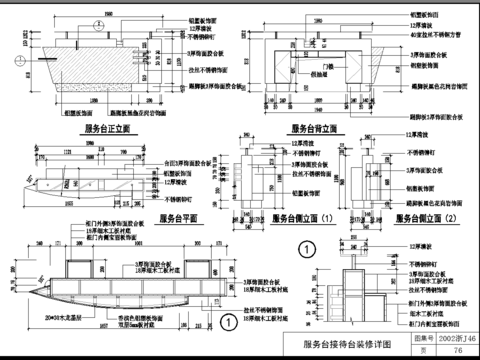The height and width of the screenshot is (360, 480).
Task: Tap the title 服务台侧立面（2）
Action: (x=423, y=217)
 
